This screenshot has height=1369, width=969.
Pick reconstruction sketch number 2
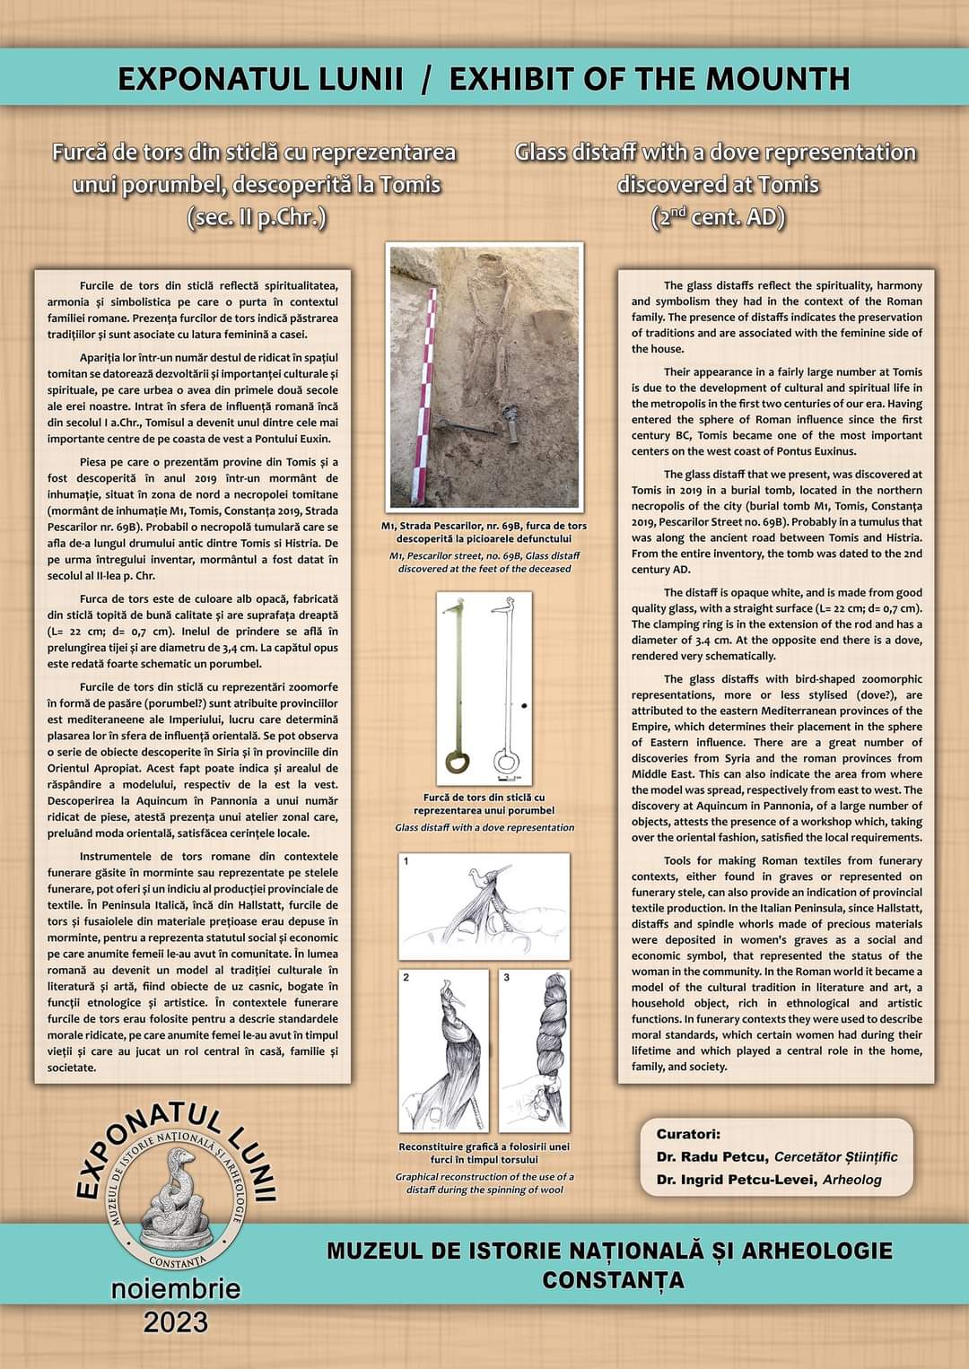[x=443, y=1050]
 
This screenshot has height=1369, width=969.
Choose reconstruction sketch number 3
[x=535, y=1050]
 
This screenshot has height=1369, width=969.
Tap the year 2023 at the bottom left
[x=176, y=1321]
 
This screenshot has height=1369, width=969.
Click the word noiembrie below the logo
[x=176, y=1289]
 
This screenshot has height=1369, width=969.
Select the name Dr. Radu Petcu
[x=712, y=1156]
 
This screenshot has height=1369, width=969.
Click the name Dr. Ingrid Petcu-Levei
[x=736, y=1180]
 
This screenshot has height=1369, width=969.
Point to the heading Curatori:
[x=688, y=1134]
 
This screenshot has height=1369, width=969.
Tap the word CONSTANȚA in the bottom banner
[x=613, y=1278]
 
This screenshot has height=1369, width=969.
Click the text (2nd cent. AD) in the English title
[x=718, y=217]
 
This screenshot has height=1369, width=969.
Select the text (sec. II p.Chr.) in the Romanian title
[x=256, y=217]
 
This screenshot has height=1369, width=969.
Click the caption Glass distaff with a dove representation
[x=484, y=827]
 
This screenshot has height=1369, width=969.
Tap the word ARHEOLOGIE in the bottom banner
[x=818, y=1250]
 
